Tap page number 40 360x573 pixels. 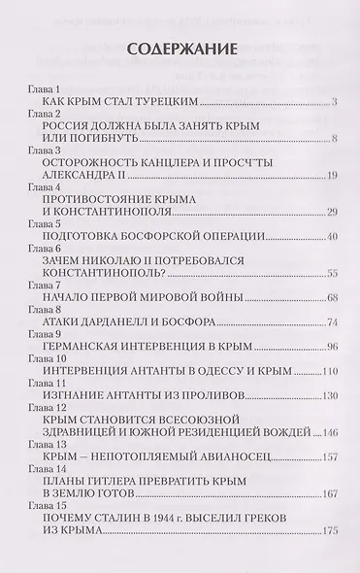331,236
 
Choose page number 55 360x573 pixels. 331,275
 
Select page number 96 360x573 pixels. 331,349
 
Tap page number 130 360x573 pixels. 329,395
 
